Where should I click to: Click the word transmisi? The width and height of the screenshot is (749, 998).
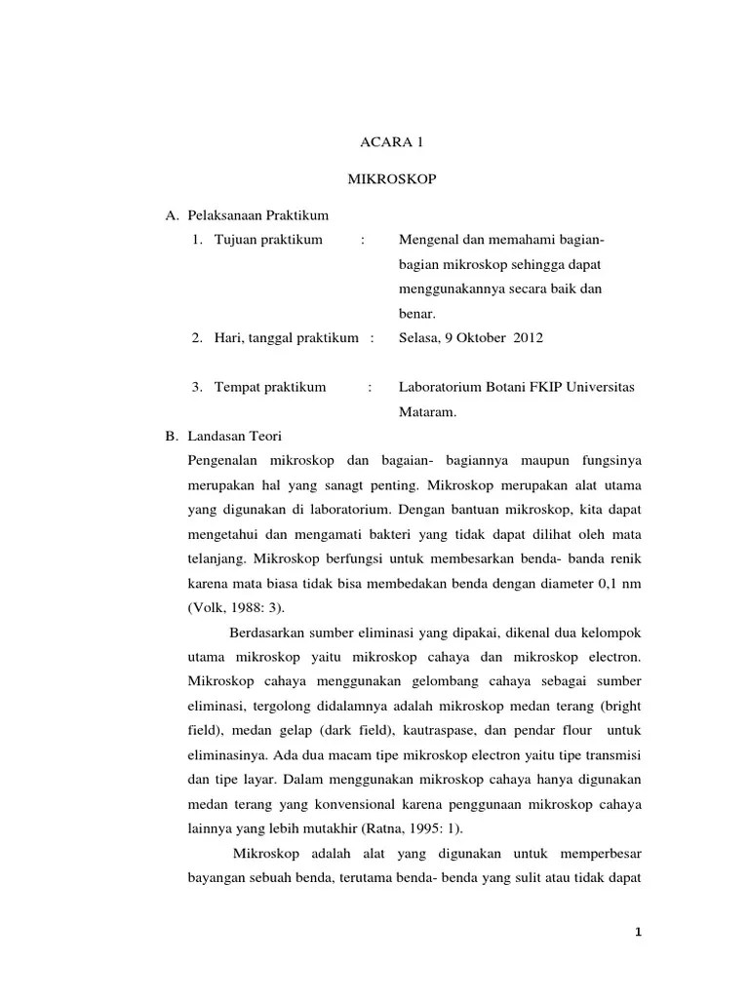[x=615, y=754]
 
